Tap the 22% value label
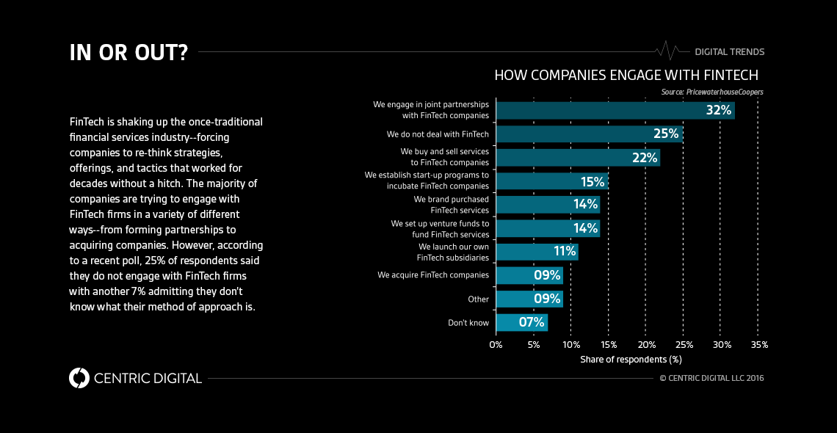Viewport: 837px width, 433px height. [644, 158]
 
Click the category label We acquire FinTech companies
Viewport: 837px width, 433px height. [433, 275]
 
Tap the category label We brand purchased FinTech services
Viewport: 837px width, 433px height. [451, 205]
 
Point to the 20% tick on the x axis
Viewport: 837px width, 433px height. [646, 345]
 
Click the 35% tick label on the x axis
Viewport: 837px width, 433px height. [759, 345]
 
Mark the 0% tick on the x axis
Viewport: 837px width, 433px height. [496, 345]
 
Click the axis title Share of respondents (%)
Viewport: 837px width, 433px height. [631, 360]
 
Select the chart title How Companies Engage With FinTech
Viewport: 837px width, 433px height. [626, 76]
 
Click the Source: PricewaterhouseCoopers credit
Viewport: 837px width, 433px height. [712, 92]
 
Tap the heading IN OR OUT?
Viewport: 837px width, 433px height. [128, 53]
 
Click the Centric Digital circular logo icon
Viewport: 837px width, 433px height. [79, 378]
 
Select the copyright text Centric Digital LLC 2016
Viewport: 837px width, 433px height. [711, 378]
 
